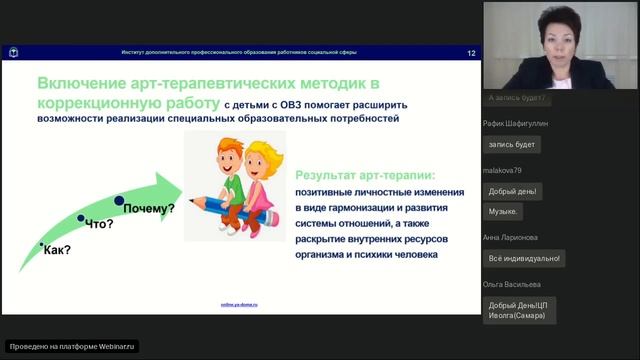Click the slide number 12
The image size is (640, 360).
tap(471, 53)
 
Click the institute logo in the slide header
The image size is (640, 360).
tap(13, 53)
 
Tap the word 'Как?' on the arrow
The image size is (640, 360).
tap(57, 249)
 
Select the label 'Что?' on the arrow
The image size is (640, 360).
tap(99, 224)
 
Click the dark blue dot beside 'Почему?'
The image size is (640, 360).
tap(118, 201)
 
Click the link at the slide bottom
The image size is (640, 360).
tap(239, 304)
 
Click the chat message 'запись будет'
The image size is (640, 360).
tap(512, 144)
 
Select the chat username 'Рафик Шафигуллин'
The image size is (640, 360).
tap(516, 123)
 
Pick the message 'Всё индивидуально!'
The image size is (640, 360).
tap(524, 258)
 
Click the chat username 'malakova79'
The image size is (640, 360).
tap(503, 170)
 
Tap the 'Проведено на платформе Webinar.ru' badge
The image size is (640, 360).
tap(72, 346)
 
